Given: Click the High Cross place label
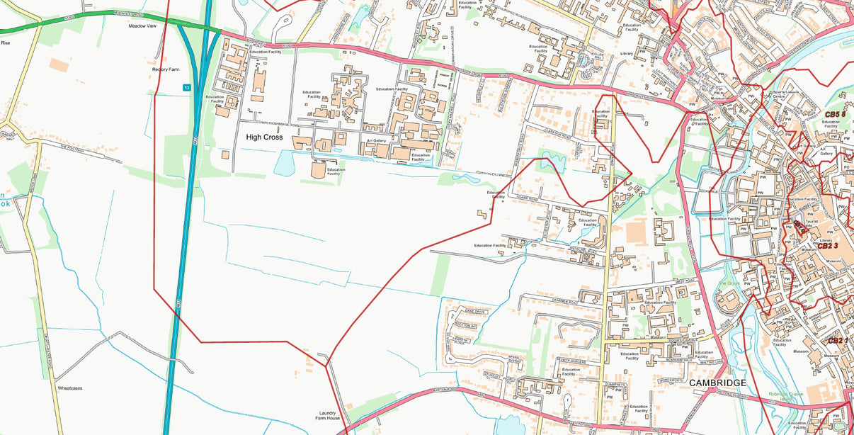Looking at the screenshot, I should (x=264, y=137).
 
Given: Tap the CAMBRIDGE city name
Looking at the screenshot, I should (x=717, y=383).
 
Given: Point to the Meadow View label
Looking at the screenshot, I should (x=142, y=26).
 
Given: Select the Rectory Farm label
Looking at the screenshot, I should (x=166, y=69).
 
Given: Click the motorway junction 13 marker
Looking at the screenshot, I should (x=186, y=87).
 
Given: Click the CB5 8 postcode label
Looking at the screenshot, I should (x=835, y=114).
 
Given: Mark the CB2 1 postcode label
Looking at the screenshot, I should (x=838, y=341).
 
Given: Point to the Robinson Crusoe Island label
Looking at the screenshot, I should (x=787, y=395).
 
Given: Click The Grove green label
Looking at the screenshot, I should (x=729, y=283).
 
